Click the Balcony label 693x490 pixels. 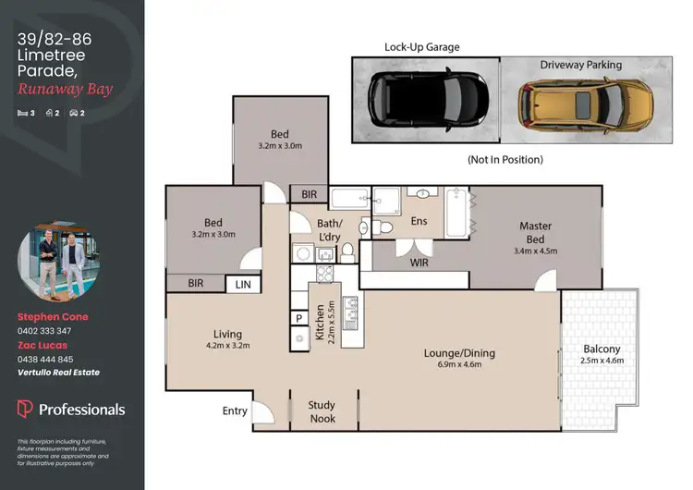[x=601, y=354]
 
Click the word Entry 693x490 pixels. [x=235, y=410]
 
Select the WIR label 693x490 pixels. [x=419, y=263]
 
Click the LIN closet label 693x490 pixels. [x=243, y=286]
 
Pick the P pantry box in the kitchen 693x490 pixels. [x=299, y=317]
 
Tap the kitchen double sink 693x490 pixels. [x=351, y=312]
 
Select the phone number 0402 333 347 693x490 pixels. [x=44, y=330]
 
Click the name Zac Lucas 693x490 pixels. [x=43, y=345]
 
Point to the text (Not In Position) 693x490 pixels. [x=505, y=159]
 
